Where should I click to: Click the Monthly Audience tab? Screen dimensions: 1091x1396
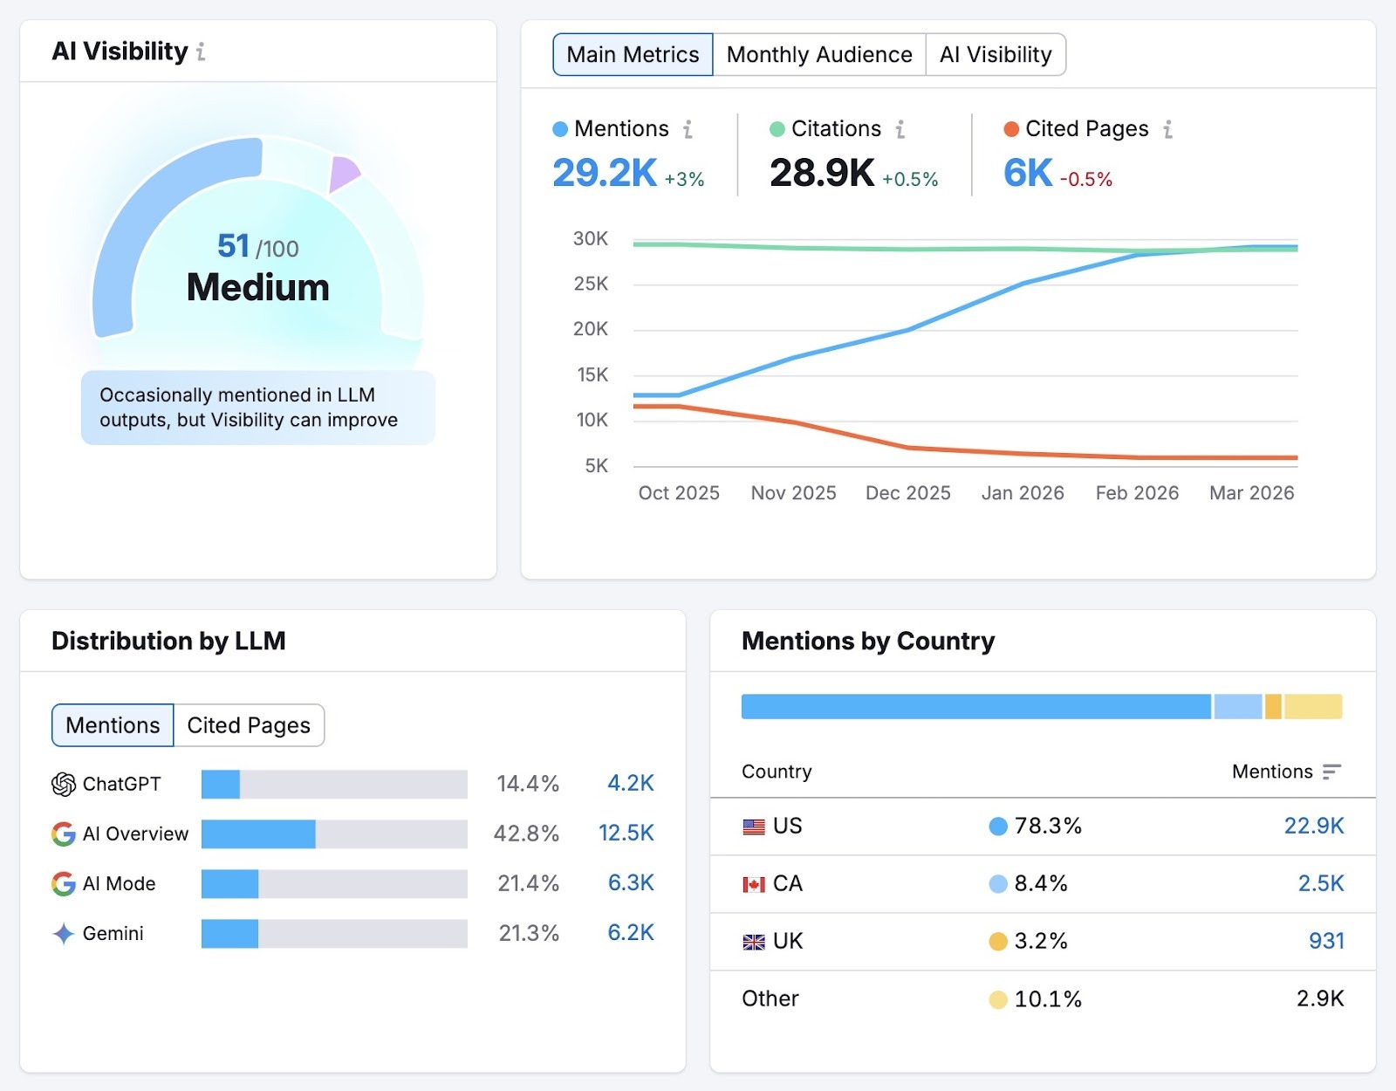pos(819,55)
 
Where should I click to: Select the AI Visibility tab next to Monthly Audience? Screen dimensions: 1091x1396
pos(996,55)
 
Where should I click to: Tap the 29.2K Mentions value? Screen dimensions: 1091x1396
pos(604,173)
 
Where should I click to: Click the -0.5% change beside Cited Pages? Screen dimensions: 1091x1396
pos(1086,180)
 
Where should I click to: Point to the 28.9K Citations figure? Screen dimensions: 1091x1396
pos(821,173)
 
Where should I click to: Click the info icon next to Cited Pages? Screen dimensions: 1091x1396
pos(1167,129)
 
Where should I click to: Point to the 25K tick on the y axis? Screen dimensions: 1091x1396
pos(591,284)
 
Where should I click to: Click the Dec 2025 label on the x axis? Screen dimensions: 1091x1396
pos(907,493)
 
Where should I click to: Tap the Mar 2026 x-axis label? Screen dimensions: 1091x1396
pos(1251,493)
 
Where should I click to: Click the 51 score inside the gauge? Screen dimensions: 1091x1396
pos(233,246)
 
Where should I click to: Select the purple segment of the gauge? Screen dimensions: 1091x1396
pos(342,173)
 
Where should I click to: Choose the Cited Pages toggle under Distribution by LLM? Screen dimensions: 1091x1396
pos(249,725)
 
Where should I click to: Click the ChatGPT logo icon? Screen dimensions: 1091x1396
pos(63,785)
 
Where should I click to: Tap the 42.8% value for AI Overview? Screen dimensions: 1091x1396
pos(526,834)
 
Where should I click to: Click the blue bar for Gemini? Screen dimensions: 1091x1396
pos(229,933)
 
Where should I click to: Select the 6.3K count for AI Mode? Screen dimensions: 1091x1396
pos(630,883)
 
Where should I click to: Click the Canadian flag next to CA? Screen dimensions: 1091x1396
pos(754,884)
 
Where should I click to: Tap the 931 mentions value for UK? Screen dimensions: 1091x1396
pos(1325,941)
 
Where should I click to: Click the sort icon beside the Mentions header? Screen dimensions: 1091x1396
pos(1331,772)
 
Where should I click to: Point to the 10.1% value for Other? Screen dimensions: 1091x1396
pos(1047,999)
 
